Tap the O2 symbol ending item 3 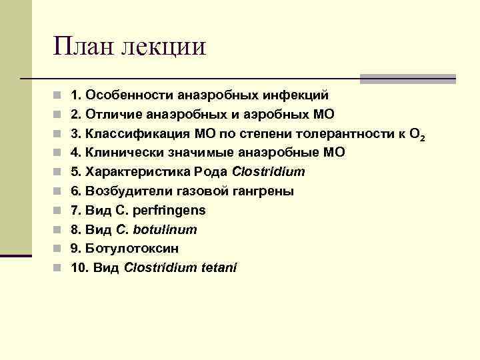pos(417,135)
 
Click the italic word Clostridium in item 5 pos(269,172)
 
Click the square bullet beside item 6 pos(59,191)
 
